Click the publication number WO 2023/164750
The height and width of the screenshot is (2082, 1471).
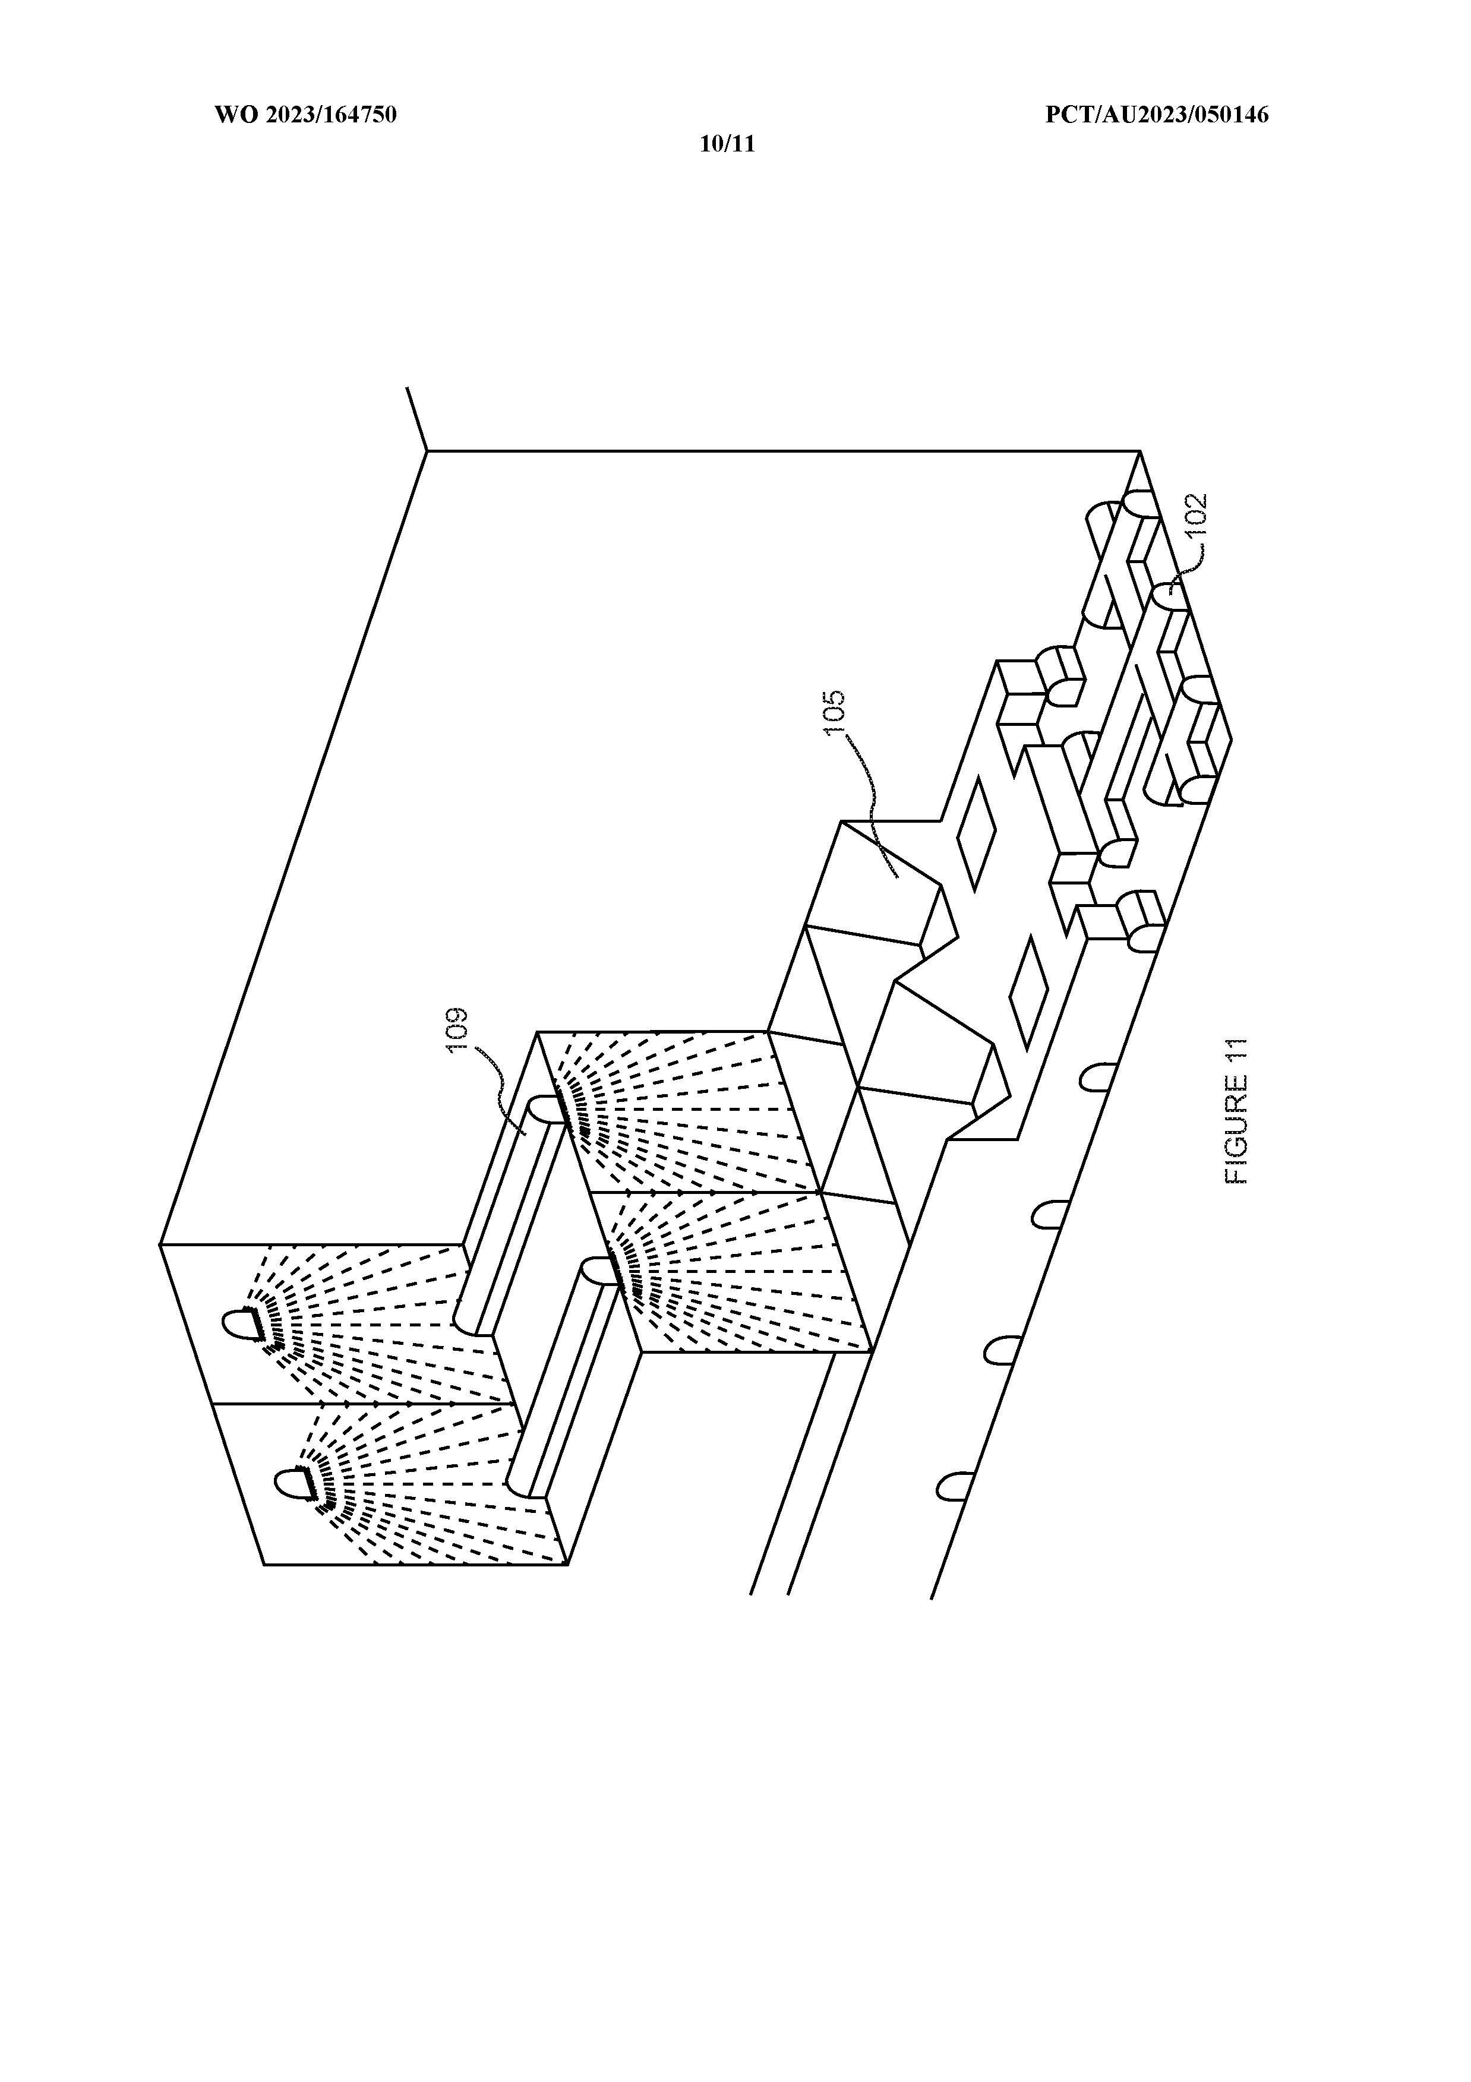305,115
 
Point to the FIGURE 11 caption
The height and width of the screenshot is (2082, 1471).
1237,1111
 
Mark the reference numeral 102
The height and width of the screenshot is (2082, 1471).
1196,517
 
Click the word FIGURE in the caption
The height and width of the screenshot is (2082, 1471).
1237,1132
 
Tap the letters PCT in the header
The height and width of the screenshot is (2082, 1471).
1066,115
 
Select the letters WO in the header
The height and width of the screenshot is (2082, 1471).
231,115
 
